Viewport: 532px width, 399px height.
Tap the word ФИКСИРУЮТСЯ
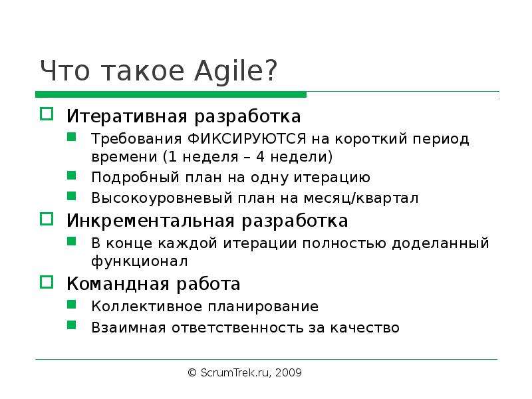tap(247, 139)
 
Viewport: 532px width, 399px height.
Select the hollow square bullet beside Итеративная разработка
tap(47, 114)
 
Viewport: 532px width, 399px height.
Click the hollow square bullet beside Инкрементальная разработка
tap(47, 219)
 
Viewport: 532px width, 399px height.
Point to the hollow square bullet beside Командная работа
tap(47, 282)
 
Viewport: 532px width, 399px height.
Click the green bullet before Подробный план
tap(72, 175)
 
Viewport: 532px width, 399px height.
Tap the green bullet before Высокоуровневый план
tap(72, 196)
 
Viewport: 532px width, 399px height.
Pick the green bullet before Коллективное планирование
tap(72, 305)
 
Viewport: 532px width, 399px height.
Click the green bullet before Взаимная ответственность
tap(72, 325)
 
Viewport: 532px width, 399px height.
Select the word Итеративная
tap(127, 116)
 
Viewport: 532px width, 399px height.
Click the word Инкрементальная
tap(151, 221)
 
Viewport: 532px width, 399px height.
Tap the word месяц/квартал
tap(360, 198)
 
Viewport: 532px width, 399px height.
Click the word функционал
tap(140, 261)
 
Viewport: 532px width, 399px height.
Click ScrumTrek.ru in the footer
tap(235, 372)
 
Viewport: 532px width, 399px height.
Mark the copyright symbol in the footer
tap(192, 372)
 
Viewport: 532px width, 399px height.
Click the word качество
tap(364, 328)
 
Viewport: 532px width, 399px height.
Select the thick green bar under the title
tap(171, 94)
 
